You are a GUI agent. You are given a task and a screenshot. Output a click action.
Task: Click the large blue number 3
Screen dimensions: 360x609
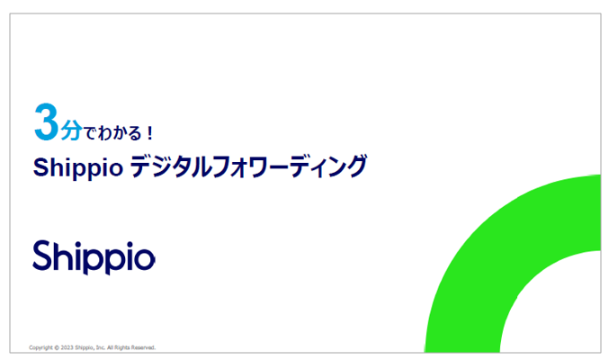[46, 123]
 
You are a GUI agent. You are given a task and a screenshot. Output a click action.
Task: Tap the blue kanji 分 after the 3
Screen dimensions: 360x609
[70, 130]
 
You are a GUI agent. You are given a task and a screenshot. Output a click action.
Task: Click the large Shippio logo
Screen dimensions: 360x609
[94, 256]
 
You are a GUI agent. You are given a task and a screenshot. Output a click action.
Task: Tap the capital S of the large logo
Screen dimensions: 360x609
[43, 255]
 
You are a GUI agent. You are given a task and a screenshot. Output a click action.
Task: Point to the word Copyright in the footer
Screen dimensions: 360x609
[41, 346]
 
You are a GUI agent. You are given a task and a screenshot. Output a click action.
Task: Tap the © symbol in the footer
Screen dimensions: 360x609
[58, 346]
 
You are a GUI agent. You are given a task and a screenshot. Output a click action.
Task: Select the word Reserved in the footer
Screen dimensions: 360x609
[145, 346]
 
